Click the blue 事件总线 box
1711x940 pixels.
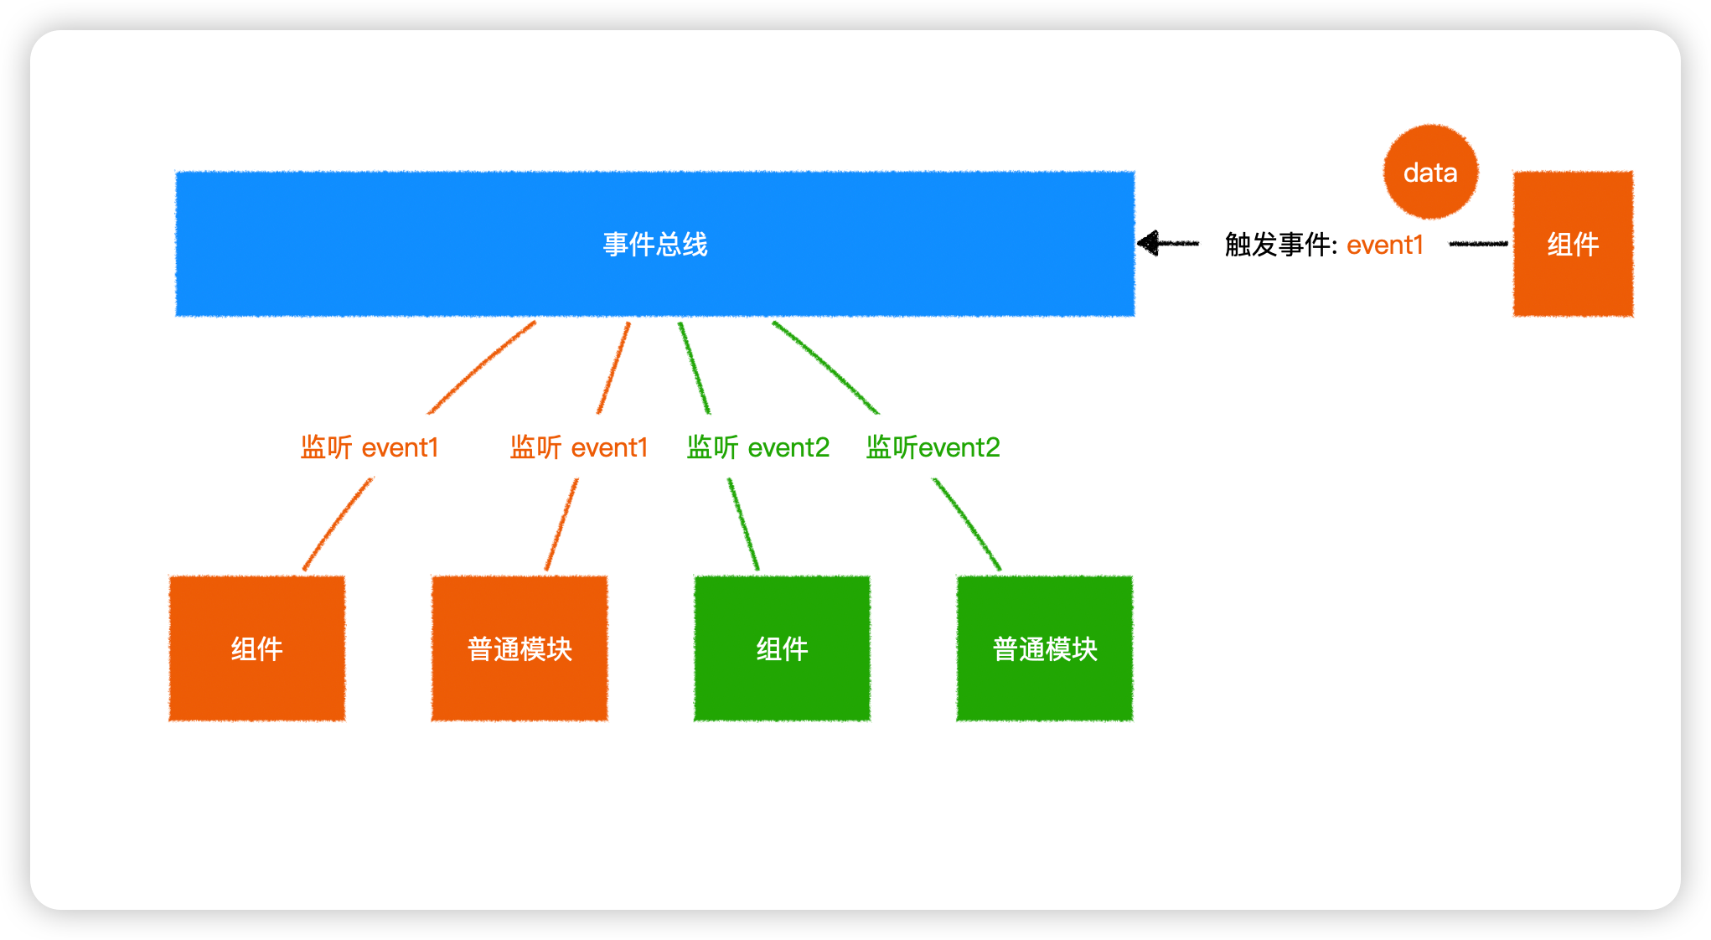[655, 244]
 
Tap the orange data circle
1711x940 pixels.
[1430, 172]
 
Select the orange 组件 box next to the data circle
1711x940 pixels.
[1573, 244]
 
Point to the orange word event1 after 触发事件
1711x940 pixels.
[1385, 245]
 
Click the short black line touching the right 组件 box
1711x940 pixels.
[1478, 244]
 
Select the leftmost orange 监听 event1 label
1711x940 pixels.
[370, 447]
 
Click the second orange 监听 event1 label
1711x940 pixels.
[579, 447]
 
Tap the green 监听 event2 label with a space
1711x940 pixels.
[757, 447]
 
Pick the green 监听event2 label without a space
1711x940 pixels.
[933, 447]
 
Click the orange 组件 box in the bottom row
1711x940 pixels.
[257, 648]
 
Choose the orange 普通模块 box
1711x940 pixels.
[520, 648]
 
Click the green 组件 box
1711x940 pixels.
[782, 648]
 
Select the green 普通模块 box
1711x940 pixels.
[1045, 648]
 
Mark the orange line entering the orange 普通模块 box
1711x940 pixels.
[561, 524]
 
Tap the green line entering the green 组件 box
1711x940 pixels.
[743, 524]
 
